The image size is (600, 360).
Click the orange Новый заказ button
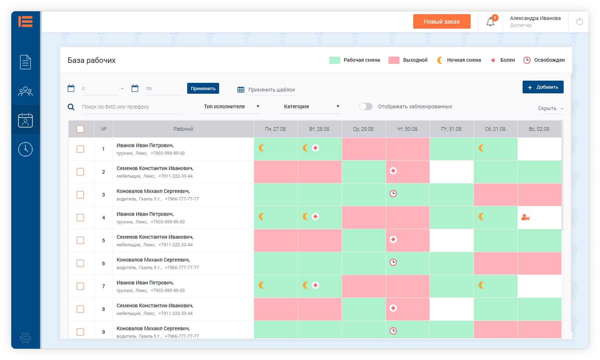pos(442,21)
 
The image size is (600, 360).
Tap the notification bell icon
pos(490,22)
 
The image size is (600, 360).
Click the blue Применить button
pos(203,88)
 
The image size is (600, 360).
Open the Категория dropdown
pos(311,106)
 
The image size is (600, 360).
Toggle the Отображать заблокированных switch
pos(366,106)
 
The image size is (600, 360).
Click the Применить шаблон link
pos(271,90)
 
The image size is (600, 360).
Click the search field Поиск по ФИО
pos(131,107)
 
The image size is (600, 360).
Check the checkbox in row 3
pos(80,195)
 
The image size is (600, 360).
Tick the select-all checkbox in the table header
pos(80,129)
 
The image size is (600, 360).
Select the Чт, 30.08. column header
pos(407,129)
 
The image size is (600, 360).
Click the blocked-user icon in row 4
pos(525,218)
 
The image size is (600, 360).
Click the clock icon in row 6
pos(393,262)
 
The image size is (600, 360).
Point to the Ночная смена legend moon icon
pos(440,60)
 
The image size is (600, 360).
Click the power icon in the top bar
pos(579,22)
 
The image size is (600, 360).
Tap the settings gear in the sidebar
pos(25,338)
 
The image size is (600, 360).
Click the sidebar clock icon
pos(25,149)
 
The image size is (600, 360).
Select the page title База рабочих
pos(92,60)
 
